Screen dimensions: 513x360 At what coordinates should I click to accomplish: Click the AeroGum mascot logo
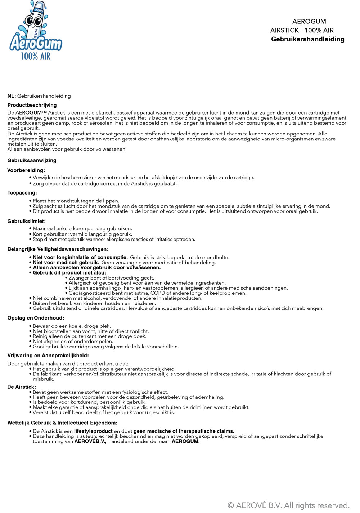click(35, 31)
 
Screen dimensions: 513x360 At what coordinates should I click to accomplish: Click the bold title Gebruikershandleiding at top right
click(307, 39)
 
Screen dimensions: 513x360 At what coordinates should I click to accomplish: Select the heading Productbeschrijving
click(32, 105)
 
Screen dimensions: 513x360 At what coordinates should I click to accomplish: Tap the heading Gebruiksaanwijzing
click(32, 160)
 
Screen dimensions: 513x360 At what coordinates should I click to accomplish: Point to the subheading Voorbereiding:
click(26, 170)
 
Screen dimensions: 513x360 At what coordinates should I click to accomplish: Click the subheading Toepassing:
click(22, 193)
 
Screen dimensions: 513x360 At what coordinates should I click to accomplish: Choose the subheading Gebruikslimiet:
click(26, 221)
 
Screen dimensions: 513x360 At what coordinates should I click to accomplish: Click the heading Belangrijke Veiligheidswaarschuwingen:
click(58, 249)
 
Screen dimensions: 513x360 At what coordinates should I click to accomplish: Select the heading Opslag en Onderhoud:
click(36, 318)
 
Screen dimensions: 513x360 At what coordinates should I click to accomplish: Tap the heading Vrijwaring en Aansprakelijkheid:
click(48, 356)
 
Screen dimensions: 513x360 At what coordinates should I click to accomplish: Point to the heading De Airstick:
click(22, 387)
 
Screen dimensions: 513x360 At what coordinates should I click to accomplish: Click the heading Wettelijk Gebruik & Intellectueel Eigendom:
click(62, 423)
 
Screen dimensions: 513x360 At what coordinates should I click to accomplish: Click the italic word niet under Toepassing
click(69, 211)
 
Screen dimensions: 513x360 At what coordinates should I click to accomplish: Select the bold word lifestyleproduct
click(93, 431)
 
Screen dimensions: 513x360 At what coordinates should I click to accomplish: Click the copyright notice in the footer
click(288, 505)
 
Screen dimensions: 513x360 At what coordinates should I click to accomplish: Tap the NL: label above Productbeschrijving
click(12, 96)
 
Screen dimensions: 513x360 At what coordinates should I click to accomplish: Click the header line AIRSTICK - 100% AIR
click(302, 30)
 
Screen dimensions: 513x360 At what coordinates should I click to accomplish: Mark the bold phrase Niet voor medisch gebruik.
click(66, 263)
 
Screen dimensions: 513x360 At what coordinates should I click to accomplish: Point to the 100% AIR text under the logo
click(36, 56)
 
